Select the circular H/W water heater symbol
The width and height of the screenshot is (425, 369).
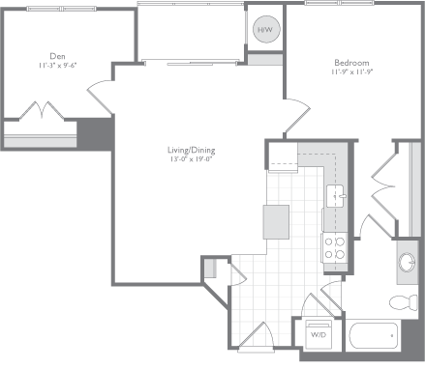[265, 31]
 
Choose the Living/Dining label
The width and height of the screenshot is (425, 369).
[190, 151]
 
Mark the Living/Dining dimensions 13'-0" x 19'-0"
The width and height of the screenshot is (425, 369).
[190, 161]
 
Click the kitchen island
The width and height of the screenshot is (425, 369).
[277, 221]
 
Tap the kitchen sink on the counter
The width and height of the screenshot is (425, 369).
[337, 196]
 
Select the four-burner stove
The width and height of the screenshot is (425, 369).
[335, 247]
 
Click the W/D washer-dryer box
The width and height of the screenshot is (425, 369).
[318, 335]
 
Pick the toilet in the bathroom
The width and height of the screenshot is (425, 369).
[399, 302]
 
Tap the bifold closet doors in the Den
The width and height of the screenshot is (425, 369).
[43, 112]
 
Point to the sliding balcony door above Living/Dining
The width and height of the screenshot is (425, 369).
[190, 61]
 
